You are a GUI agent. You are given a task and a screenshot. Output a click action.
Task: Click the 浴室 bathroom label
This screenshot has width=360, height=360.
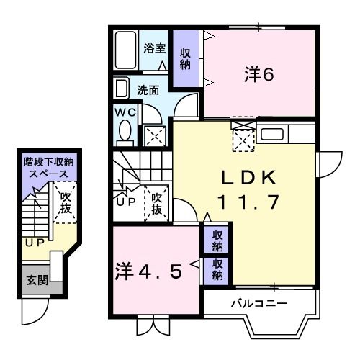(153, 49)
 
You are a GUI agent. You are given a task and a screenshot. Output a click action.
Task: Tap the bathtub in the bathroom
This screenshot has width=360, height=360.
(125, 50)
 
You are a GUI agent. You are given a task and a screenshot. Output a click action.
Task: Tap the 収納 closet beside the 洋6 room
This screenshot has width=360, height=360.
(186, 57)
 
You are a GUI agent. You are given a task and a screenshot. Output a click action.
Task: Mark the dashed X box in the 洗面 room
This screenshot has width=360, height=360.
(153, 134)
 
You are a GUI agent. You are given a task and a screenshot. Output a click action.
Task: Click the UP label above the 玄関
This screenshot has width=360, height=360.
(34, 243)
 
